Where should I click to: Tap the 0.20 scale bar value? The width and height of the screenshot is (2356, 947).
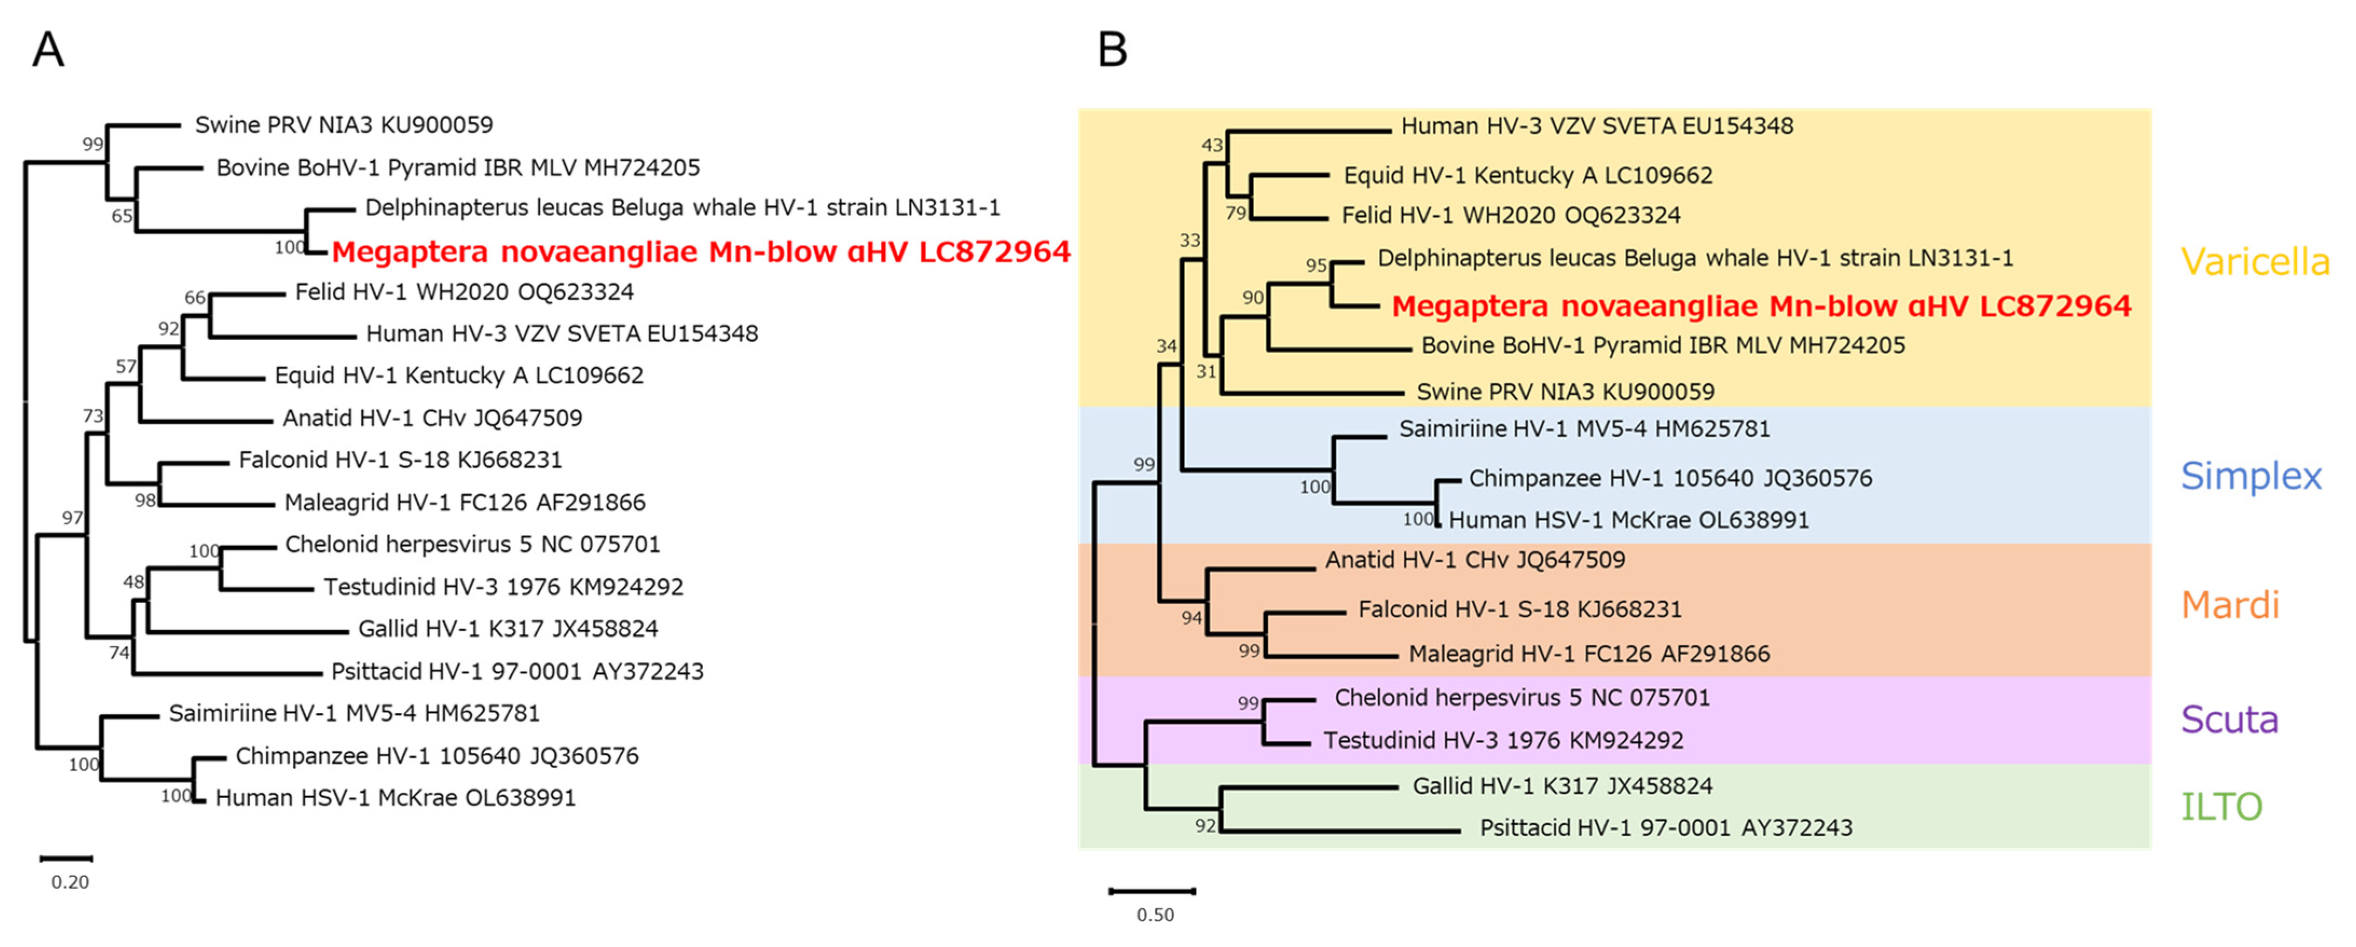click(70, 882)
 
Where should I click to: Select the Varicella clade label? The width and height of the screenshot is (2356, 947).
click(2255, 262)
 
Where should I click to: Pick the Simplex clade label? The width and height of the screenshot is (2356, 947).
click(2251, 476)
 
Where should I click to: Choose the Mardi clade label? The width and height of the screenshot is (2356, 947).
click(2230, 605)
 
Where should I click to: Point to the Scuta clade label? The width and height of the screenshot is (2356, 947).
click(2229, 720)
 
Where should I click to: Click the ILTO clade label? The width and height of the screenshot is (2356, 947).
click(2222, 806)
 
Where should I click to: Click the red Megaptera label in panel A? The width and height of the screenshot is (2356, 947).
click(700, 251)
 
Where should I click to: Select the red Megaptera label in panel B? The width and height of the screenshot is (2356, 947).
click(1761, 306)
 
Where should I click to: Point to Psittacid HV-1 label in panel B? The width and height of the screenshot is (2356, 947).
click(1665, 828)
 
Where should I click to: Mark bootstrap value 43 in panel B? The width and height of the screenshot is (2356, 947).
click(1212, 144)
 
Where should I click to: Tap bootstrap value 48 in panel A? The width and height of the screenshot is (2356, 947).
click(134, 582)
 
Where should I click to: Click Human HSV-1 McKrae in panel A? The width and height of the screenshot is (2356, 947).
click(395, 798)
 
